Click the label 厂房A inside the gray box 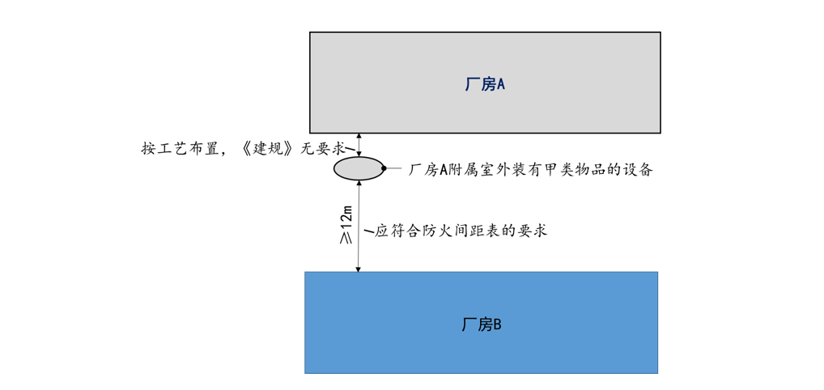484,84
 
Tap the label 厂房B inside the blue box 482,324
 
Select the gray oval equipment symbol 359,168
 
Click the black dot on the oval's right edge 384,168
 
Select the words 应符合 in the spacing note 394,231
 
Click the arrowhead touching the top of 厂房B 358,268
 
